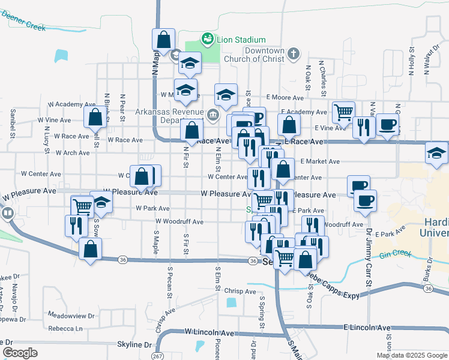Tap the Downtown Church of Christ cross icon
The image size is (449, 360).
[294, 54]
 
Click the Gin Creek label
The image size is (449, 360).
[395, 254]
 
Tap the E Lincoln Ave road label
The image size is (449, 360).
[367, 328]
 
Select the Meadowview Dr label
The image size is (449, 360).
[71, 315]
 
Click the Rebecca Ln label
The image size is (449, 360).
[65, 328]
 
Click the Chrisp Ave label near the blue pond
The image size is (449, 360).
[241, 292]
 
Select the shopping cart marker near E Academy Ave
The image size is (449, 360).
[343, 112]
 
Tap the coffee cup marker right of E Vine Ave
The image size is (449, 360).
[388, 124]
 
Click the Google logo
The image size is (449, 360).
[20, 353]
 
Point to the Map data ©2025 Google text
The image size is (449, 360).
[412, 355]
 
